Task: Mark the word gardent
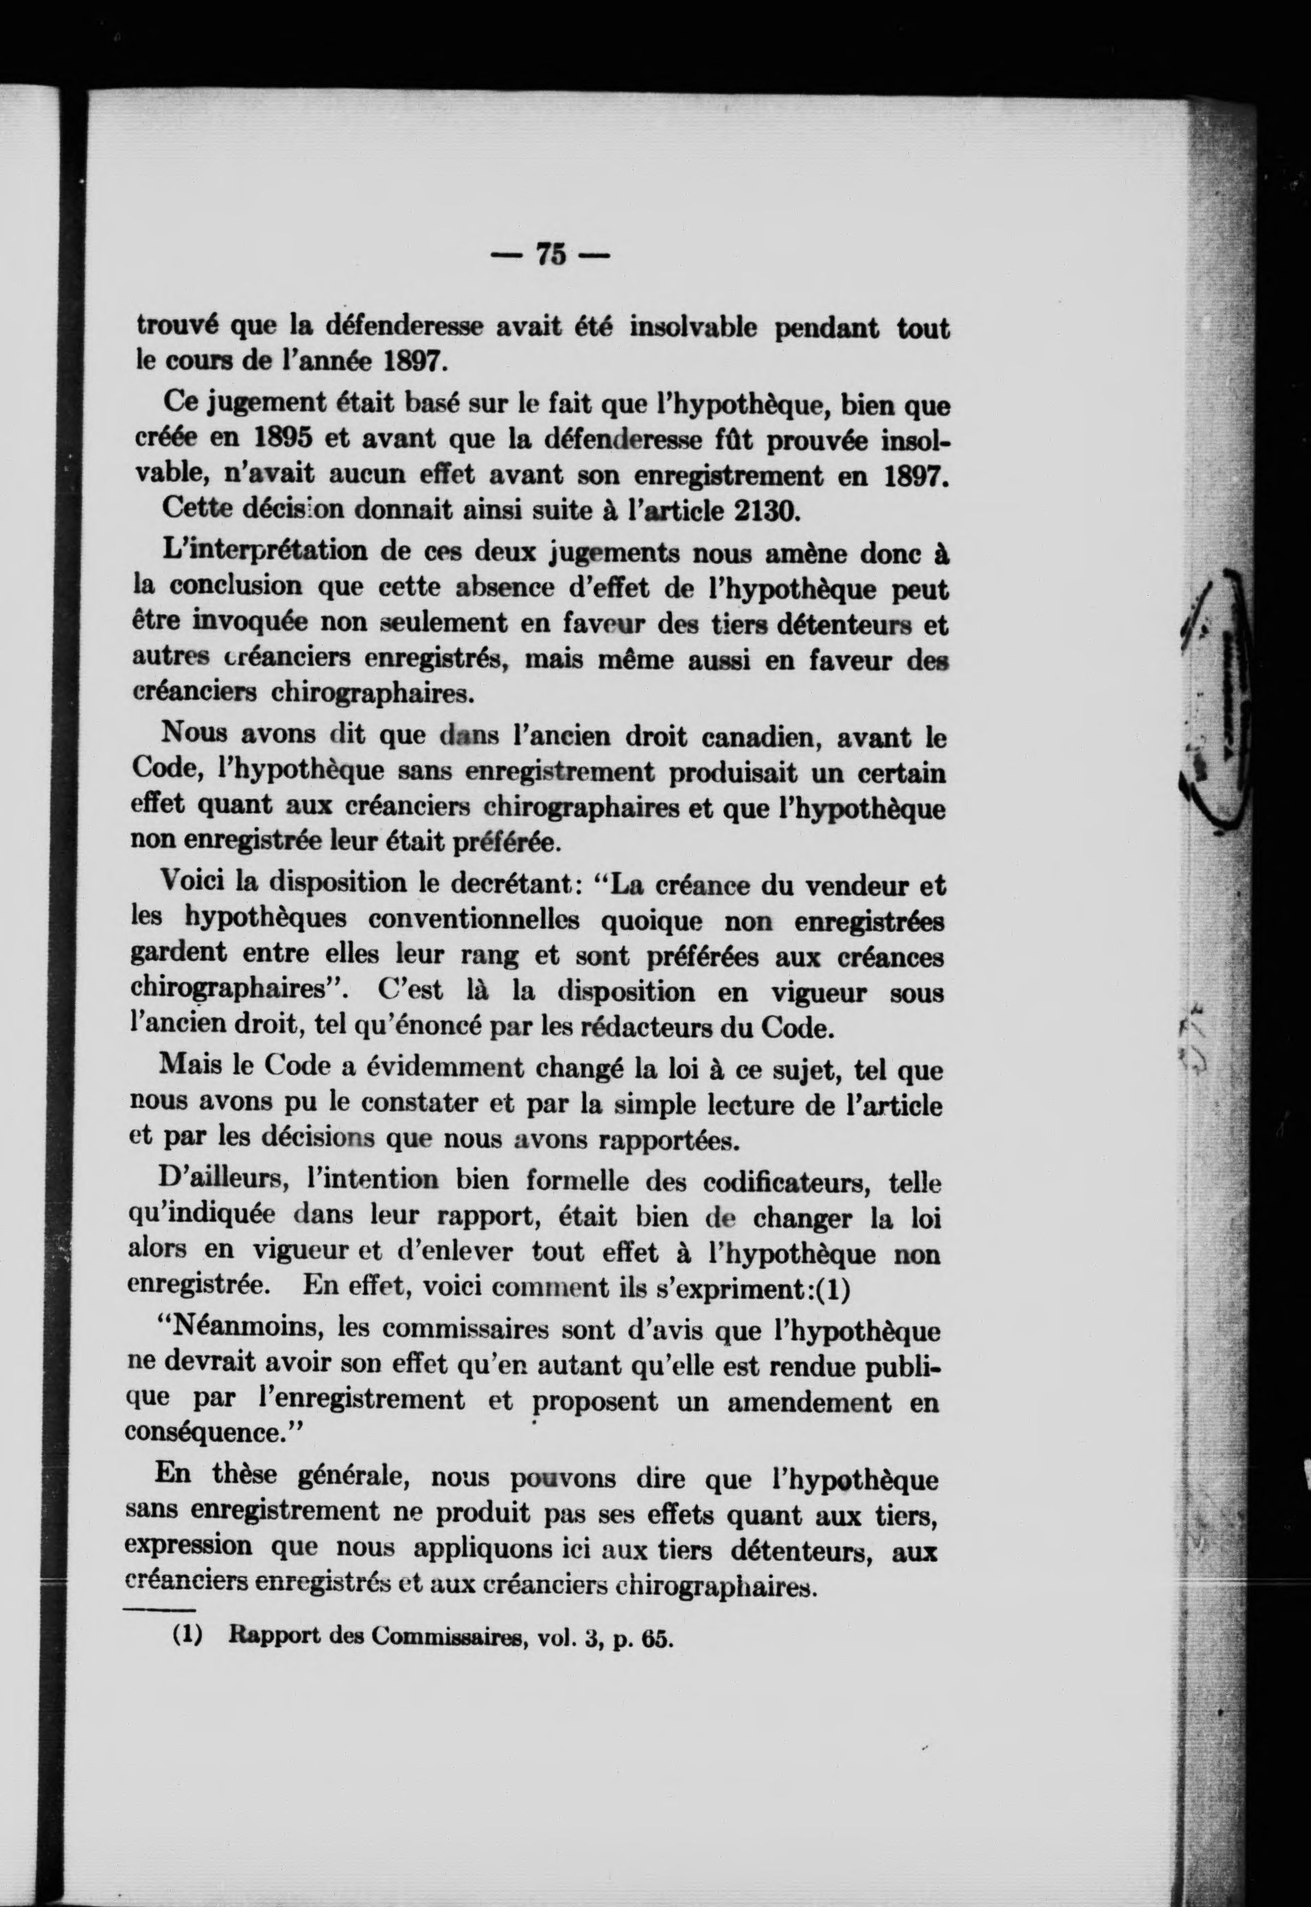tap(180, 954)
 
